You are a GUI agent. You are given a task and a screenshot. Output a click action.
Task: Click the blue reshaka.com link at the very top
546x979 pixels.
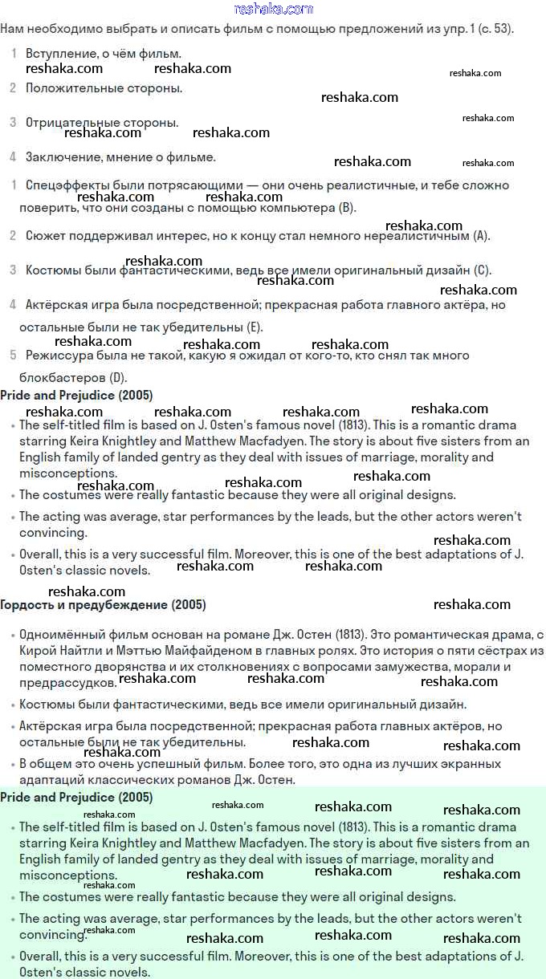pyautogui.click(x=273, y=9)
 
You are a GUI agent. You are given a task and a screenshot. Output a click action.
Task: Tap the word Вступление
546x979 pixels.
pyautogui.click(x=60, y=54)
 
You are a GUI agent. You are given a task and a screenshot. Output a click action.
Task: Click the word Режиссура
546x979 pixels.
pyautogui.click(x=58, y=355)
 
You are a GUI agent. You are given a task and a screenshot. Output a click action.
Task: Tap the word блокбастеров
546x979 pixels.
pyautogui.click(x=63, y=377)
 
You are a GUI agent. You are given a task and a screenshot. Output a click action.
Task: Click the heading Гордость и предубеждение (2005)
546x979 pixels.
pyautogui.click(x=103, y=604)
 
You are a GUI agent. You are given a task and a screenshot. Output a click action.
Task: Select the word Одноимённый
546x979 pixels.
pyautogui.click(x=60, y=635)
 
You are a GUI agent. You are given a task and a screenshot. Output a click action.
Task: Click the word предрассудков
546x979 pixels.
pyautogui.click(x=67, y=683)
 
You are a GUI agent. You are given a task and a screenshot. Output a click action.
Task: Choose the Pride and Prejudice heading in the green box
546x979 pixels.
pyautogui.click(x=76, y=798)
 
